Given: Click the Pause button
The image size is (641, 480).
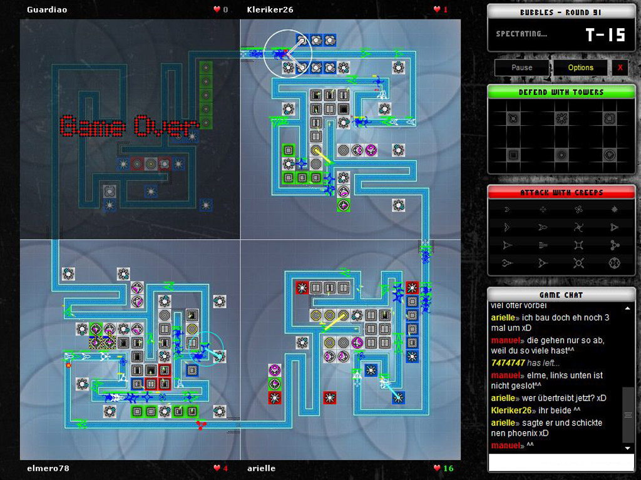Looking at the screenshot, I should (521, 68).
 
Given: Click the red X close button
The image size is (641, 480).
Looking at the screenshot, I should (620, 68).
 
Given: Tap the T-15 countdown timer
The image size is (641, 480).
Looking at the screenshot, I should (605, 35).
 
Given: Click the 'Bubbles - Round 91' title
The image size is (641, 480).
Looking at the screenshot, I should (561, 13).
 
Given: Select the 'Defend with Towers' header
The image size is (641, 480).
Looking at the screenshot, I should (561, 93).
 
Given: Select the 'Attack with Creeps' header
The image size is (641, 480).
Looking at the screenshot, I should (561, 193).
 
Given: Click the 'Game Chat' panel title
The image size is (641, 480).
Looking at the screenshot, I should (561, 295).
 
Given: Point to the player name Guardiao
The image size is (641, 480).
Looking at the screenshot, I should (47, 9).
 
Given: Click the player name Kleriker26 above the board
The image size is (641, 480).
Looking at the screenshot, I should (270, 9).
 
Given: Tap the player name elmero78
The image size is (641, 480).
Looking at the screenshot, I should (48, 468).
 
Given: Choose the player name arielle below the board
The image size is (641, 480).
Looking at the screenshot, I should (261, 468).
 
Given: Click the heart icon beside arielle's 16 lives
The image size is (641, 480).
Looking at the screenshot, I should (436, 468).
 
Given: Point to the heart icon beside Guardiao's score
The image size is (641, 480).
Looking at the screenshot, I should (217, 9).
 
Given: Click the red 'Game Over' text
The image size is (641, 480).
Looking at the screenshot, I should (130, 126).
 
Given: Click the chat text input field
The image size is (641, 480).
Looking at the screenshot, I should (561, 462).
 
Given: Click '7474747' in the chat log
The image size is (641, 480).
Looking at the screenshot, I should (507, 363).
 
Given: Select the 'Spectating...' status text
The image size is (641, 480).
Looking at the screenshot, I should (521, 34).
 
